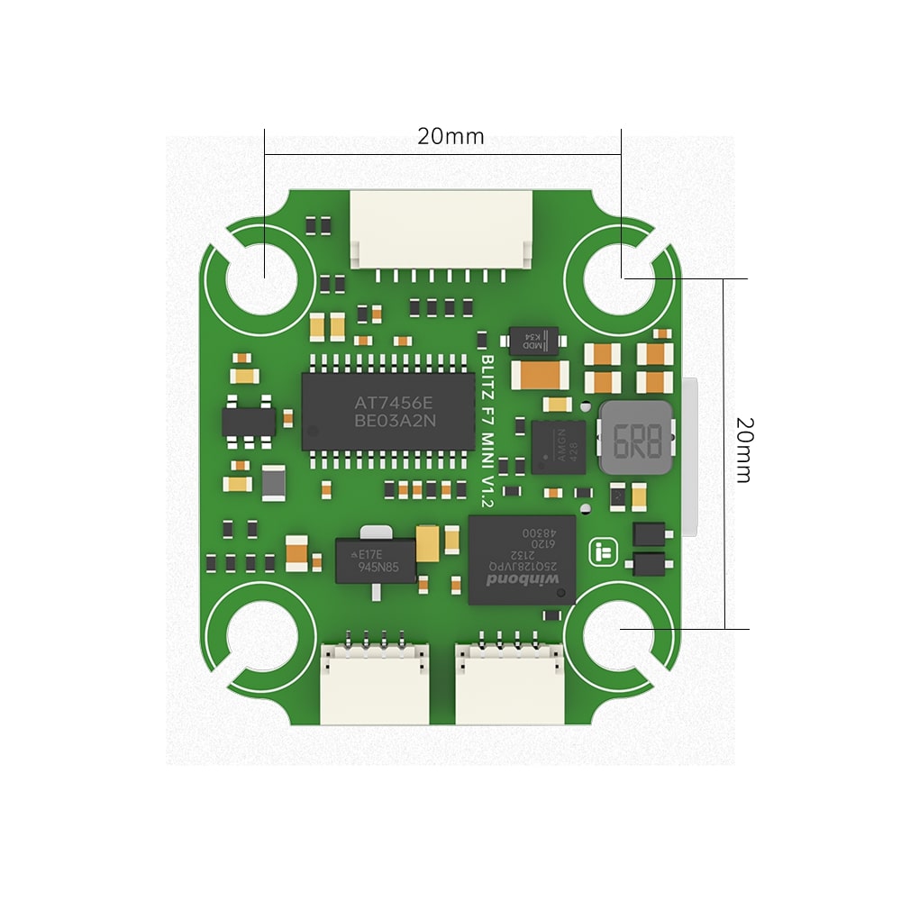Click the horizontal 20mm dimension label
(x=450, y=137)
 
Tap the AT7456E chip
(x=387, y=411)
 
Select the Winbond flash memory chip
(x=522, y=560)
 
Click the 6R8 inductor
(x=636, y=440)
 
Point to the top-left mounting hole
(x=262, y=278)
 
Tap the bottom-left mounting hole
(x=260, y=641)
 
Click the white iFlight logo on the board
(x=600, y=552)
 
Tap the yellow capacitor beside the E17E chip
(x=429, y=543)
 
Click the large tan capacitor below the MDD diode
(x=540, y=374)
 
